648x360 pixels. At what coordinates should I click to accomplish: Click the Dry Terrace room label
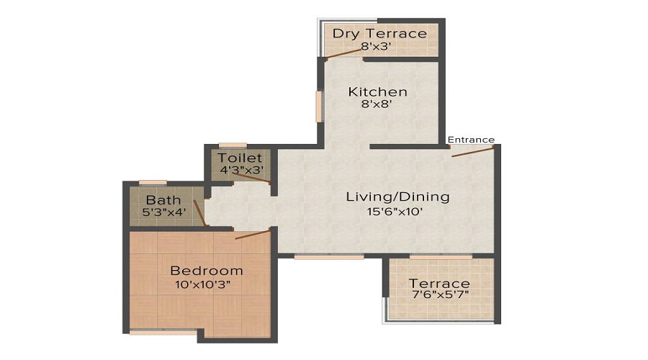click(x=379, y=34)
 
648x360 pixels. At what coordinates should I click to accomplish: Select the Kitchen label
click(x=378, y=91)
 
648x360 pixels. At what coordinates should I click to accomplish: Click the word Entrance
click(x=471, y=140)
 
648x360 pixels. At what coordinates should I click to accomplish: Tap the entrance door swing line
click(x=472, y=150)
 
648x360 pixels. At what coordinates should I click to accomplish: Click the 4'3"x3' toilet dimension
click(x=241, y=171)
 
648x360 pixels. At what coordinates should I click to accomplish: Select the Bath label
click(x=163, y=199)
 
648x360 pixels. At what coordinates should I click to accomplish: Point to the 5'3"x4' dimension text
click(x=164, y=212)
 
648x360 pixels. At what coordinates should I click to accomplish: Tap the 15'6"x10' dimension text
click(x=394, y=211)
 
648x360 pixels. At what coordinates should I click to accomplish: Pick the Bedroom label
click(x=207, y=271)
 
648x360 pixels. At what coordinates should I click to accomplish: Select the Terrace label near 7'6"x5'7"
click(x=439, y=283)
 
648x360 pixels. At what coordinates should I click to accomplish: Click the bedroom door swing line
click(x=253, y=233)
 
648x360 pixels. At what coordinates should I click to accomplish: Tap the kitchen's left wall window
click(x=318, y=106)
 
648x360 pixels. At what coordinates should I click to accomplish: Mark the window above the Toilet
click(x=233, y=145)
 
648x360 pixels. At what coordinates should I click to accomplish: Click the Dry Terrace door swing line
click(x=343, y=55)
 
